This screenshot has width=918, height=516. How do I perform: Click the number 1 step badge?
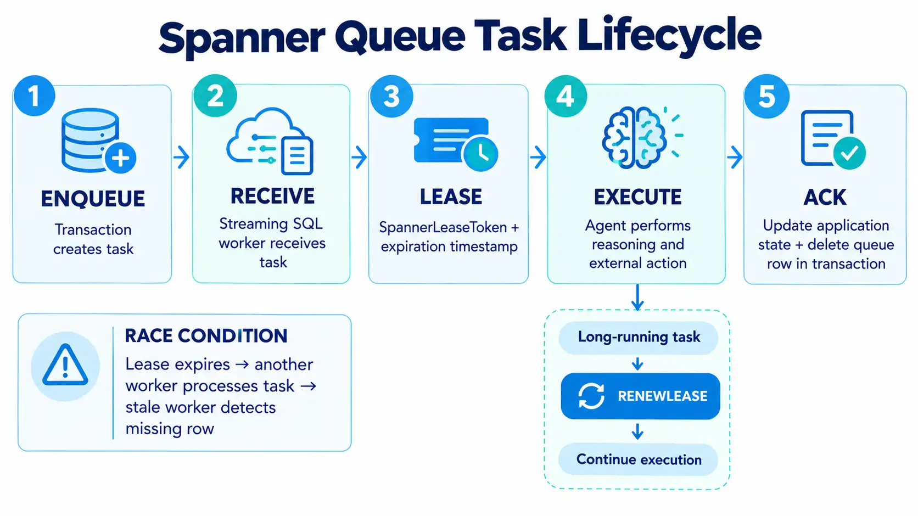35,96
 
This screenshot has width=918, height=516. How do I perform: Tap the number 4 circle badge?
566,96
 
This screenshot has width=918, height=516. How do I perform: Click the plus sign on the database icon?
120,158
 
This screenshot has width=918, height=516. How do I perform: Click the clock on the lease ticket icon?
480,154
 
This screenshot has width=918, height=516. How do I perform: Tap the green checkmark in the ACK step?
849,153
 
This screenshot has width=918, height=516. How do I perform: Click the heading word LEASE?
451,197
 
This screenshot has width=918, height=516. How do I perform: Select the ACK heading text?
825,197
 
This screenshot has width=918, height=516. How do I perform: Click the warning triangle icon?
65,364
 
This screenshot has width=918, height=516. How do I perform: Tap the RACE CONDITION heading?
206,335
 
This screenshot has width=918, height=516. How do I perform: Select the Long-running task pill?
639,338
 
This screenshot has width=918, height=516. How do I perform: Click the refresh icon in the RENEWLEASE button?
591,396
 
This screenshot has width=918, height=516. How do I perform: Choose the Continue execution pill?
638,459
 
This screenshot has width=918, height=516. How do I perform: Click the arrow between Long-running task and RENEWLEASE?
637,364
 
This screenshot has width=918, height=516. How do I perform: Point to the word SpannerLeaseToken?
443,227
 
